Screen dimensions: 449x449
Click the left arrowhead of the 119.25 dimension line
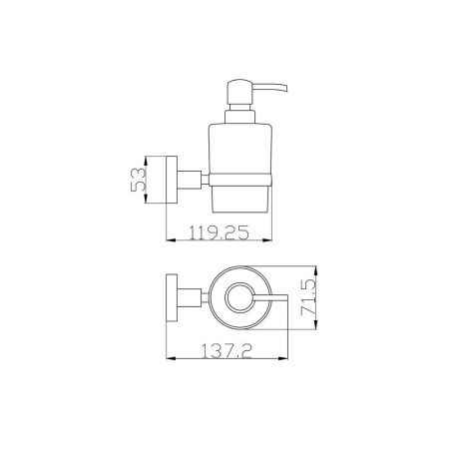(x=165, y=240)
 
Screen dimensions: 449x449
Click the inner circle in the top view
(x=238, y=299)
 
